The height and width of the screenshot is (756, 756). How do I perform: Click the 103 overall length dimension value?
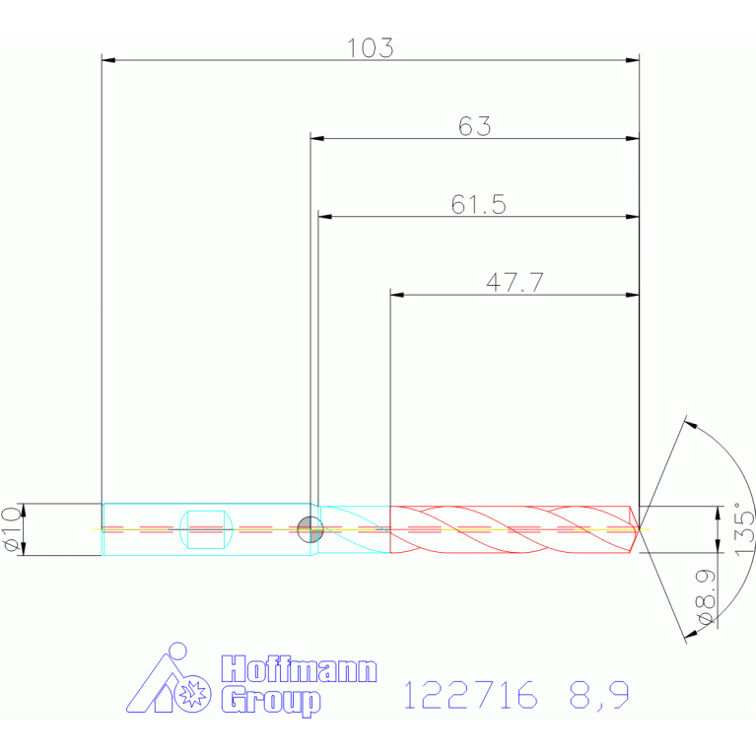coord(371,48)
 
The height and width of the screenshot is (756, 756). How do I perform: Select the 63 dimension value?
coord(474,126)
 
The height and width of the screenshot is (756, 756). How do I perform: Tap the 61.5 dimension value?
coord(478,204)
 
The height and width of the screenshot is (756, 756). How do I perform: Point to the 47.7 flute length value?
coord(515,283)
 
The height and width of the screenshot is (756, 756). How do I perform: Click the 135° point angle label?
coord(744,528)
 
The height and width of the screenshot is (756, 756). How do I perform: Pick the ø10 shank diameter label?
coord(12,529)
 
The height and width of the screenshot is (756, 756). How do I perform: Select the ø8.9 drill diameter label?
coord(706,597)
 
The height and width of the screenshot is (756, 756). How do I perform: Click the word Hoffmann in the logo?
coord(299,668)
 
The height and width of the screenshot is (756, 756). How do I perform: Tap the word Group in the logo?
coord(271,702)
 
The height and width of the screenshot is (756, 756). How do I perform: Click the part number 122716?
coord(470,695)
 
